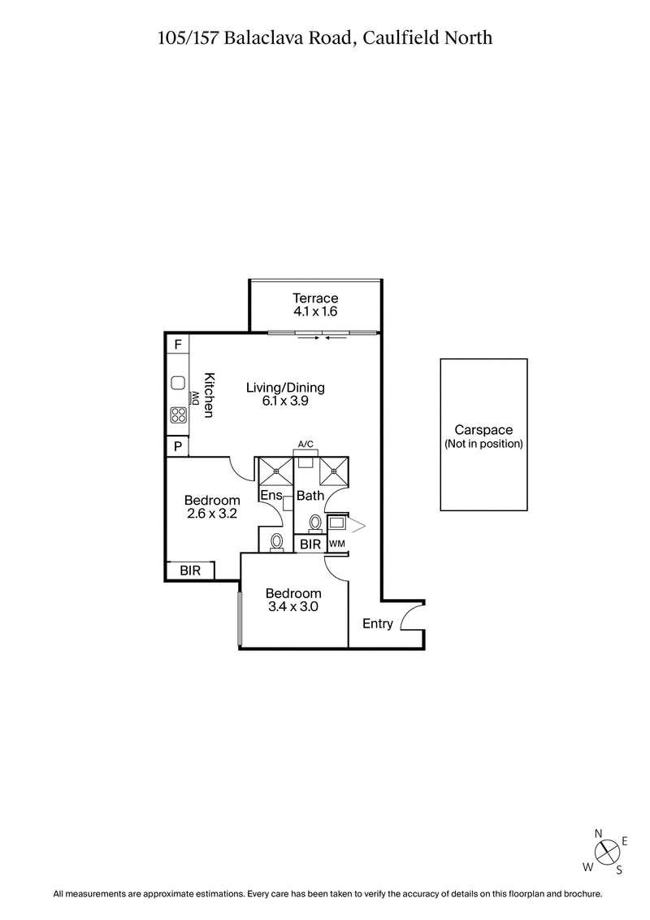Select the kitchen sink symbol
coord(178,383)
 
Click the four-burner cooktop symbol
coord(178,414)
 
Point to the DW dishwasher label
coord(195,397)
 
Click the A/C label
coord(306,444)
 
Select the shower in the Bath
coord(333,470)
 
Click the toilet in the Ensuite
coord(276,540)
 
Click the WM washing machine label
coord(336,545)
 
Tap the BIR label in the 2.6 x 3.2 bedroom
coord(191,571)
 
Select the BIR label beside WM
coord(310,545)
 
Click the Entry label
coord(378,624)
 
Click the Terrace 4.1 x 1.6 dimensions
coord(316,311)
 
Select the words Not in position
coord(483,444)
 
